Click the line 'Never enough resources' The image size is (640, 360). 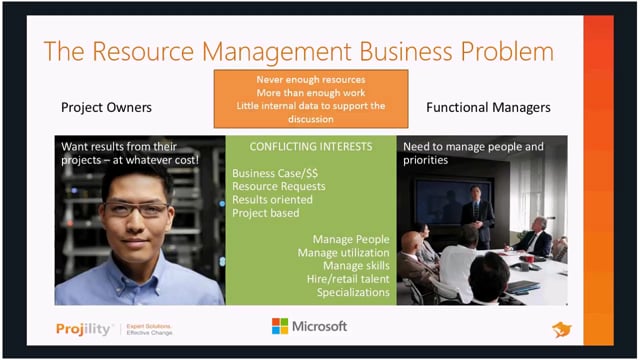[310, 78]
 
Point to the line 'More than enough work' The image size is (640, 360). [310, 92]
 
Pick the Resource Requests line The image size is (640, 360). [278, 185]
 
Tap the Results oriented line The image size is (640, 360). [272, 199]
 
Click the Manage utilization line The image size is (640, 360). [344, 253]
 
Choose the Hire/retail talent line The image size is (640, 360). [347, 279]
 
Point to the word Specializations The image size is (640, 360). [353, 292]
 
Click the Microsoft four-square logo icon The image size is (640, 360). [280, 326]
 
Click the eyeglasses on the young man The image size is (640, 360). [139, 209]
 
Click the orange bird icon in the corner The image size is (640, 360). [561, 329]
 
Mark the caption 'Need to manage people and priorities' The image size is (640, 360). [473, 152]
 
